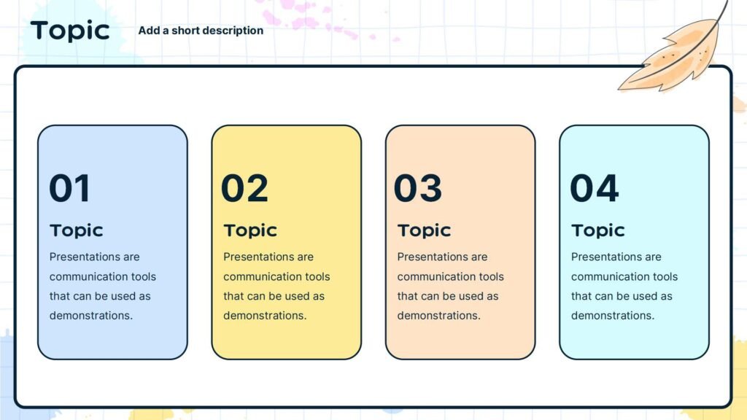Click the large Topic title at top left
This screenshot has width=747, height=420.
pyautogui.click(x=70, y=31)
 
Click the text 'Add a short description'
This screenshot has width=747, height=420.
pyautogui.click(x=201, y=31)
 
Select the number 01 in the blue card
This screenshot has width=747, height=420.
pyautogui.click(x=69, y=187)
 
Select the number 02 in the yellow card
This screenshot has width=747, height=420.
pyautogui.click(x=245, y=187)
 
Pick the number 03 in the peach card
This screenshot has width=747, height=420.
pyautogui.click(x=418, y=187)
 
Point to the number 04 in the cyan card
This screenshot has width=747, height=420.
pyautogui.click(x=595, y=187)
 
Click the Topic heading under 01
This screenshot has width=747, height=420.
pyautogui.click(x=76, y=230)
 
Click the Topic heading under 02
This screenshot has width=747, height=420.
pyautogui.click(x=250, y=230)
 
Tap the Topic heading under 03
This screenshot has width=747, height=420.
pyautogui.click(x=424, y=230)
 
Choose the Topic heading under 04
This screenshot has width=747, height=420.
pyautogui.click(x=598, y=230)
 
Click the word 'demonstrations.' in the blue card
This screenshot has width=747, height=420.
pyautogui.click(x=91, y=315)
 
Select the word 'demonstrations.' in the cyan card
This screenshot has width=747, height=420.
pyautogui.click(x=613, y=315)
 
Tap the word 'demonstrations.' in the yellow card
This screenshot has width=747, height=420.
pyautogui.click(x=265, y=315)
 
